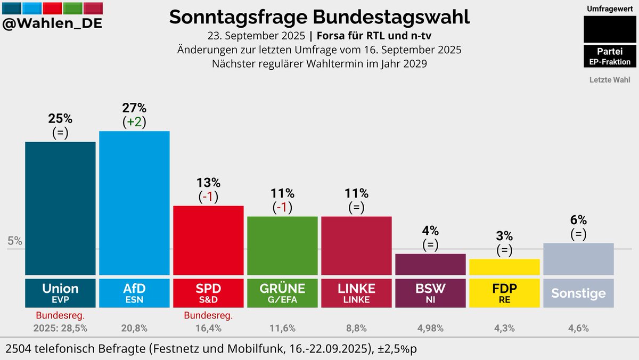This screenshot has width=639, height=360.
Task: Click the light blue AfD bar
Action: pyautogui.click(x=134, y=203)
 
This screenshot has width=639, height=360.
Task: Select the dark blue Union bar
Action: pyautogui.click(x=60, y=208)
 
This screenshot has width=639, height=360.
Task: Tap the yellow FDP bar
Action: pyautogui.click(x=504, y=267)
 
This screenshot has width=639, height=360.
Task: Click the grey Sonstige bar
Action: pyautogui.click(x=578, y=259)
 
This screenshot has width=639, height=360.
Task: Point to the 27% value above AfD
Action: pyautogui.click(x=134, y=108)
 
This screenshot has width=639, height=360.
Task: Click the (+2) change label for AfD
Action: pyautogui.click(x=134, y=122)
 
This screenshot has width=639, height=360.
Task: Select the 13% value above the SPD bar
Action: pyautogui.click(x=208, y=183)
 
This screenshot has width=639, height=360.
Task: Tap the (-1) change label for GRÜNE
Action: pyautogui.click(x=282, y=207)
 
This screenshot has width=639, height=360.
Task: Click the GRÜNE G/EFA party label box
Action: pyautogui.click(x=282, y=293)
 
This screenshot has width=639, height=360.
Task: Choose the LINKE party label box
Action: pyautogui.click(x=356, y=293)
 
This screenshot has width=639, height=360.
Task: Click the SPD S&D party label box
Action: pyautogui.click(x=208, y=293)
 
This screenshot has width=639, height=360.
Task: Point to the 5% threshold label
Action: pyautogui.click(x=15, y=241)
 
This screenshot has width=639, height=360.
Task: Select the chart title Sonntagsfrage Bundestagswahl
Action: pyautogui.click(x=319, y=17)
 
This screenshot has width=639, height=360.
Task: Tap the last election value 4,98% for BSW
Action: pyautogui.click(x=430, y=328)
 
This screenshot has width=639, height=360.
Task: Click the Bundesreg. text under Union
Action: pyautogui.click(x=60, y=316)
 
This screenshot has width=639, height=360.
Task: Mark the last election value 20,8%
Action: pyautogui.click(x=134, y=328)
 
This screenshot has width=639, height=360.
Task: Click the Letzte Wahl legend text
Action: pyautogui.click(x=610, y=80)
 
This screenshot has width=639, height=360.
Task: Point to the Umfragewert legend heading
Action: pyautogui.click(x=610, y=9)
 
